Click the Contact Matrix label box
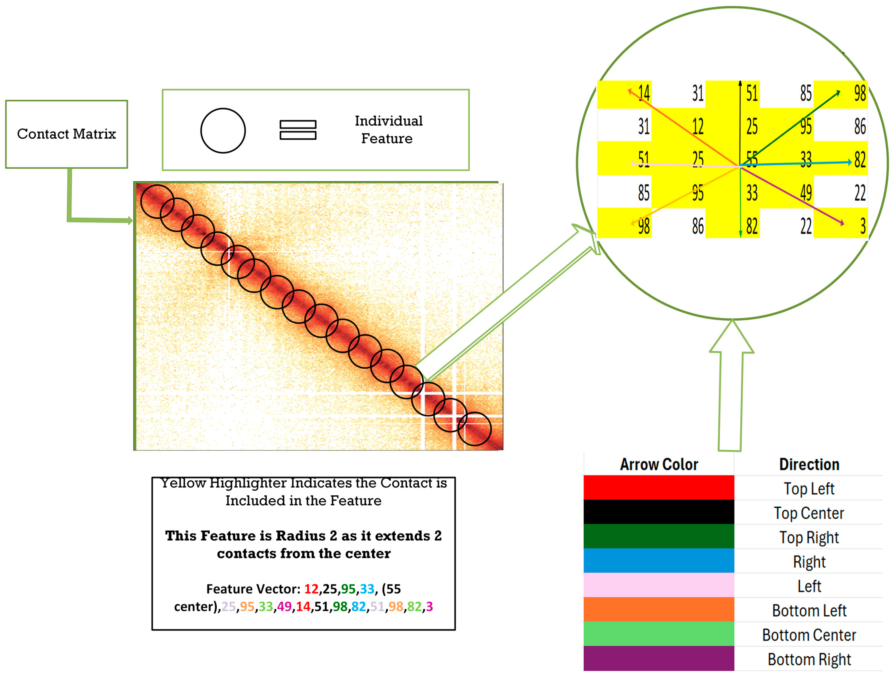pos(66,134)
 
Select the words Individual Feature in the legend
pos(388,129)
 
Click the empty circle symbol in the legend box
pos(223,130)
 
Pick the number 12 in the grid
pos(698,127)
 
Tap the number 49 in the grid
pos(806,193)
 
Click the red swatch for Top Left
pos(659,488)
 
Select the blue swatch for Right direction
pos(659,561)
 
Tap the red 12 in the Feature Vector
pos(311,589)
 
